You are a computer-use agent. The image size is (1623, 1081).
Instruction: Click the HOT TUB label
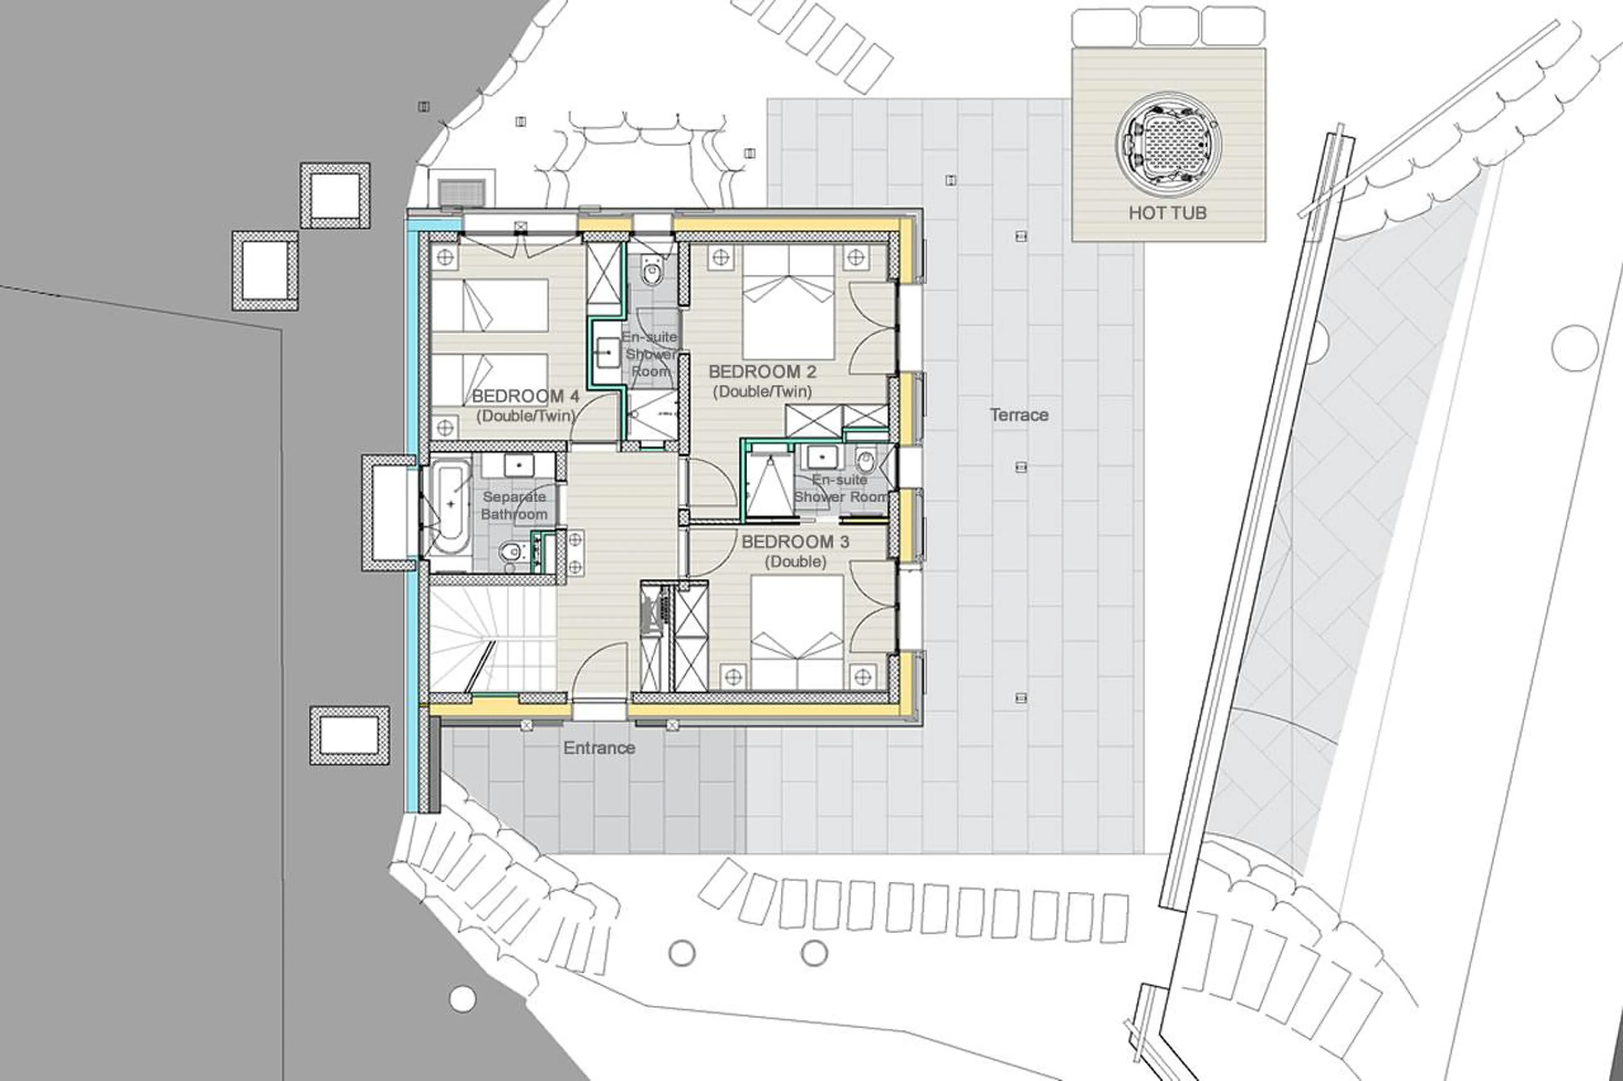click(1167, 213)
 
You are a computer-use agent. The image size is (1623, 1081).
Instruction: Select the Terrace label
click(1019, 415)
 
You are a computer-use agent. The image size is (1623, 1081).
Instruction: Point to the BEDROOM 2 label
click(762, 372)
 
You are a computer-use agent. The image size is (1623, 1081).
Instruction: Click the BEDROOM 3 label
click(795, 542)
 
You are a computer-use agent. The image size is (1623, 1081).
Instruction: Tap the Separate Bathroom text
click(514, 505)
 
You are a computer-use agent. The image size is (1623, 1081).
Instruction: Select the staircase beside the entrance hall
click(492, 638)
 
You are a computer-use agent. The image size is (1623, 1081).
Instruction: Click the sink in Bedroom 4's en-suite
click(608, 353)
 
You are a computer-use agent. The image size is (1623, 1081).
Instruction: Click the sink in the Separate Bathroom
click(518, 466)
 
